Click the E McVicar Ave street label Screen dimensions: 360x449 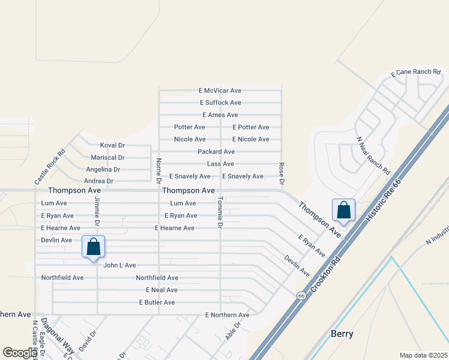coord(220,91)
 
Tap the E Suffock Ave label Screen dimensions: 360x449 coord(220,103)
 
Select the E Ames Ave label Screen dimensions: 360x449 coord(220,115)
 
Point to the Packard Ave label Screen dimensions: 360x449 coord(216,152)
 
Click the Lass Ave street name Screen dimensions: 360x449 coord(220,164)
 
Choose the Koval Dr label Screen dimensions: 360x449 coord(112,145)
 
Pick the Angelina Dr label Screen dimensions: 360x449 coord(103,170)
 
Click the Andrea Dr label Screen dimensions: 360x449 coord(98,181)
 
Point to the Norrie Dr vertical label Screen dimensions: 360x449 coord(159,170)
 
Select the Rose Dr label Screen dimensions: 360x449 coord(281,173)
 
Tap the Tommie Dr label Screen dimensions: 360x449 coord(220,213)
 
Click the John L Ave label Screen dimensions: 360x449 coord(119,265)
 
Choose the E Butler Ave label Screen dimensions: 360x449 coord(157,302)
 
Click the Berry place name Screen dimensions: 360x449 coord(342,334)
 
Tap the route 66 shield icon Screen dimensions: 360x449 coord(300,295)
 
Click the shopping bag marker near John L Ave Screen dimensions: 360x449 coord(94,247)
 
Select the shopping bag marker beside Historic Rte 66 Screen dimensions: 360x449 coord(344,211)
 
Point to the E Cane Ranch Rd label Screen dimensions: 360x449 coord(415,72)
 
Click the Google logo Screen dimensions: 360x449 coord(20,352)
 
